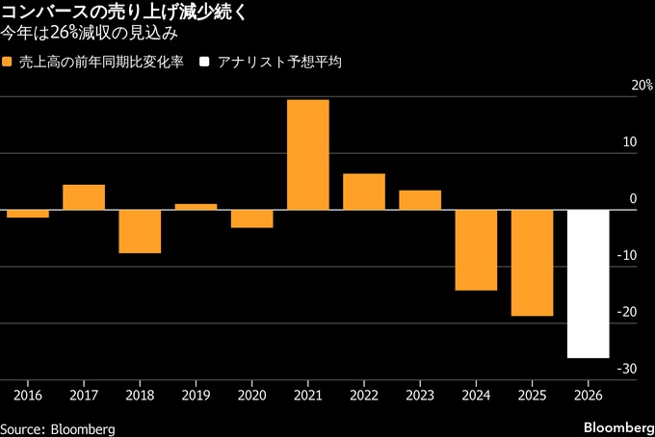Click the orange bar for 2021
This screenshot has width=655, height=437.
pyautogui.click(x=308, y=155)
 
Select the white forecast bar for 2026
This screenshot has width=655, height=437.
pyautogui.click(x=588, y=284)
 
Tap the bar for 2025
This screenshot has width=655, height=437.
pyautogui.click(x=532, y=263)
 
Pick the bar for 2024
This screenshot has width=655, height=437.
pyautogui.click(x=476, y=250)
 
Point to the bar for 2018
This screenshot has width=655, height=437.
pyautogui.click(x=140, y=232)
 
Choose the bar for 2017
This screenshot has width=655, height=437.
pyautogui.click(x=84, y=197)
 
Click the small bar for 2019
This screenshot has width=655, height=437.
pyautogui.click(x=196, y=207)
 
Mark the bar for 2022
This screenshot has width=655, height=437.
pyautogui.click(x=364, y=192)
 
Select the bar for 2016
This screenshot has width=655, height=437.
pyautogui.click(x=28, y=214)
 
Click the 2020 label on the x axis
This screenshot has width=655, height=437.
pyautogui.click(x=251, y=395)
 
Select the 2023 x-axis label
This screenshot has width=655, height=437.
pyautogui.click(x=420, y=395)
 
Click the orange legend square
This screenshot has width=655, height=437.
pyautogui.click(x=9, y=62)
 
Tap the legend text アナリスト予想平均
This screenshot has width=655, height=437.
pyautogui.click(x=280, y=62)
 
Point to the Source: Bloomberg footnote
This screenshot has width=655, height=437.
pyautogui.click(x=58, y=427)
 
